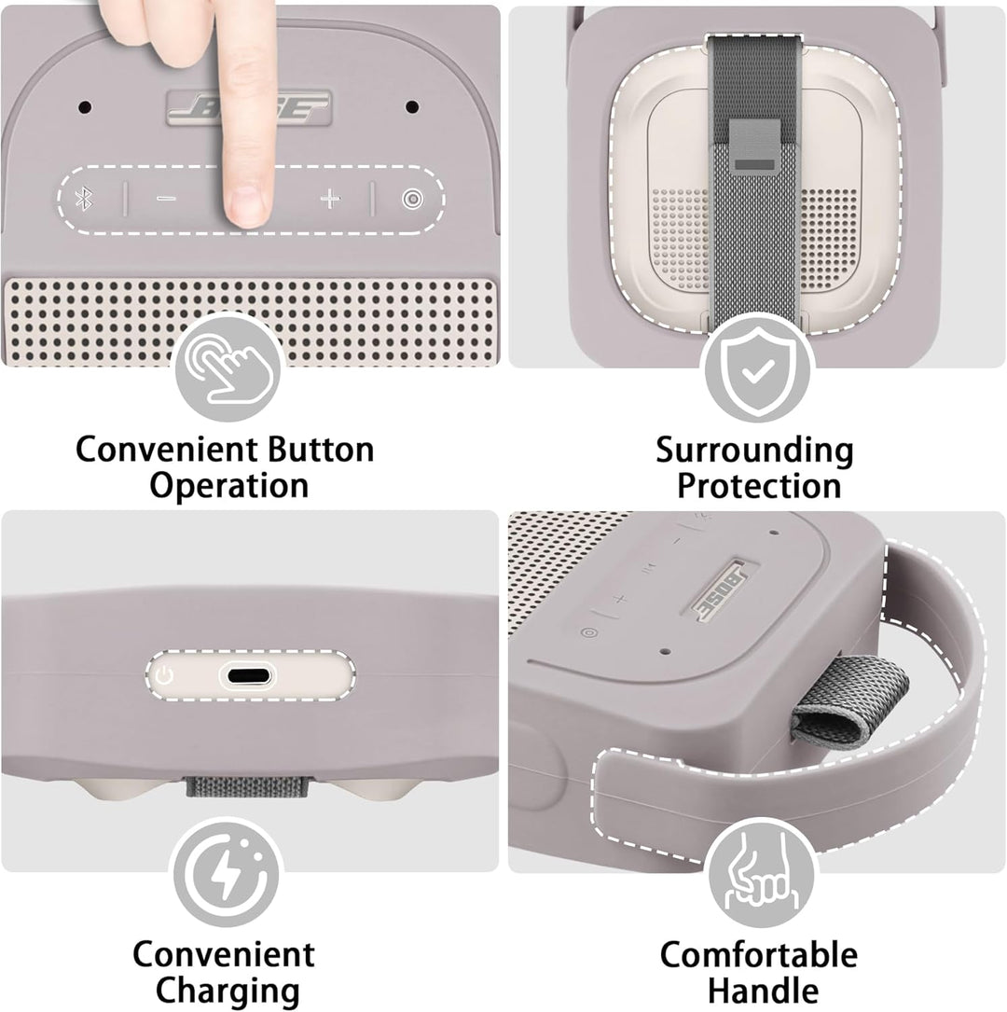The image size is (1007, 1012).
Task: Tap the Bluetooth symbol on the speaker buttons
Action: [x=83, y=199]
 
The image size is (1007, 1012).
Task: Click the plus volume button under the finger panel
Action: [x=330, y=199]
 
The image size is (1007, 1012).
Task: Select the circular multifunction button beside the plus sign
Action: [x=412, y=199]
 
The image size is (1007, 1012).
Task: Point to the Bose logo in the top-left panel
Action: [x=249, y=108]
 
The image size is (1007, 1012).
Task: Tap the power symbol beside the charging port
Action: [x=164, y=676]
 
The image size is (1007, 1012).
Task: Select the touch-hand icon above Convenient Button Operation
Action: [x=228, y=367]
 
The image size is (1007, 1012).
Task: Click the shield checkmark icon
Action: [x=758, y=371]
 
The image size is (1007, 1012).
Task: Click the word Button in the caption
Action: [x=321, y=450]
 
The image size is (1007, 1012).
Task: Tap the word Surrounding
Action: [x=754, y=451]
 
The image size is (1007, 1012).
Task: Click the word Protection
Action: [x=759, y=486]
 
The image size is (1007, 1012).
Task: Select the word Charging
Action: [x=228, y=991]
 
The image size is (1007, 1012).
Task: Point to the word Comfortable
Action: [x=759, y=954]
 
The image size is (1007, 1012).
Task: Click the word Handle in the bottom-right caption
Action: [x=763, y=991]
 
